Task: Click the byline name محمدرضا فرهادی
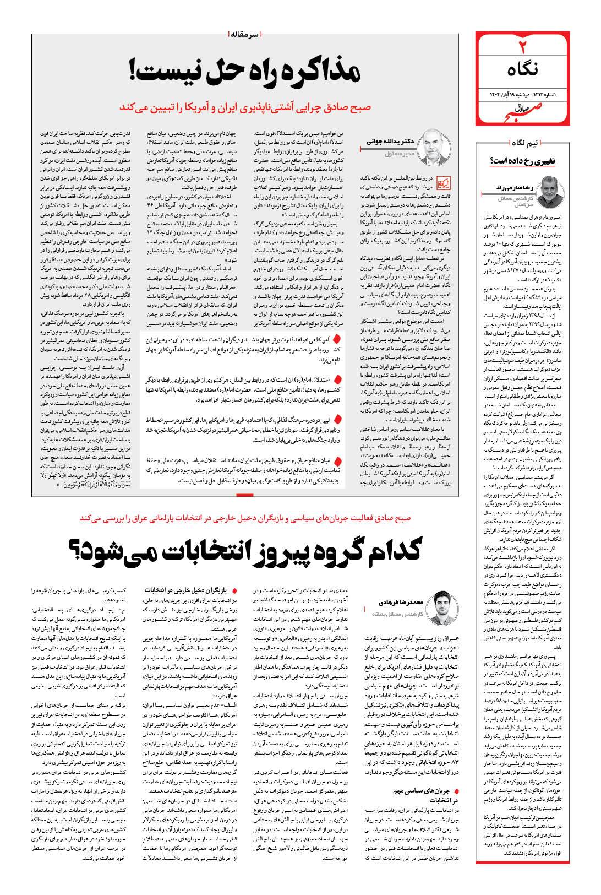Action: click(399, 604)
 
